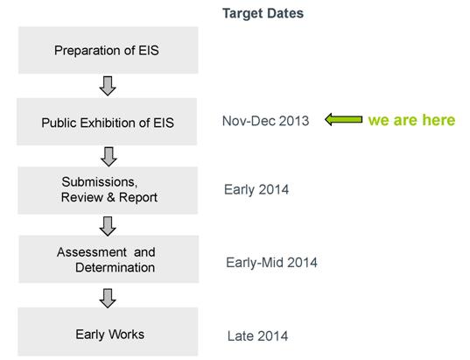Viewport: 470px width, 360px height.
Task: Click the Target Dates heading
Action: (263, 13)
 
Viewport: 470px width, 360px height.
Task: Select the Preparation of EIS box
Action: (109, 50)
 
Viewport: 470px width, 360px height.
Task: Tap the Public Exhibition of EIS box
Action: (107, 122)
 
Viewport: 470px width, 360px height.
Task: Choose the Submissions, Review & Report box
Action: (108, 190)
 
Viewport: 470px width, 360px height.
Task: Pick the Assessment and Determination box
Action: (109, 259)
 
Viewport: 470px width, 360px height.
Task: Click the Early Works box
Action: (108, 331)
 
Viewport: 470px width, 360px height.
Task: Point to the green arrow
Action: (343, 119)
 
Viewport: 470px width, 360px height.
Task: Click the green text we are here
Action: (411, 120)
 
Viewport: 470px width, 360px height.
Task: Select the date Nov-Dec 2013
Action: (265, 121)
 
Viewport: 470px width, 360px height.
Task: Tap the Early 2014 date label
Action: (256, 189)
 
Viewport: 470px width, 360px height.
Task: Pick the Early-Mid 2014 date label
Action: (271, 263)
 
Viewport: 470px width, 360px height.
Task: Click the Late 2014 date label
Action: (257, 336)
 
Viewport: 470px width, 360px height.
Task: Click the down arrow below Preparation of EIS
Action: (108, 86)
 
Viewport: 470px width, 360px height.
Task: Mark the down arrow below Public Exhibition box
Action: (109, 157)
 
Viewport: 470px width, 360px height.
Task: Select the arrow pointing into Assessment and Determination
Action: (108, 226)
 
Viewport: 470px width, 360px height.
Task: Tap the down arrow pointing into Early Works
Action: (108, 298)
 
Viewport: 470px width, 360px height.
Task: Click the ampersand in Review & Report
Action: (110, 197)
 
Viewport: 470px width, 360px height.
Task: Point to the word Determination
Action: (116, 268)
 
